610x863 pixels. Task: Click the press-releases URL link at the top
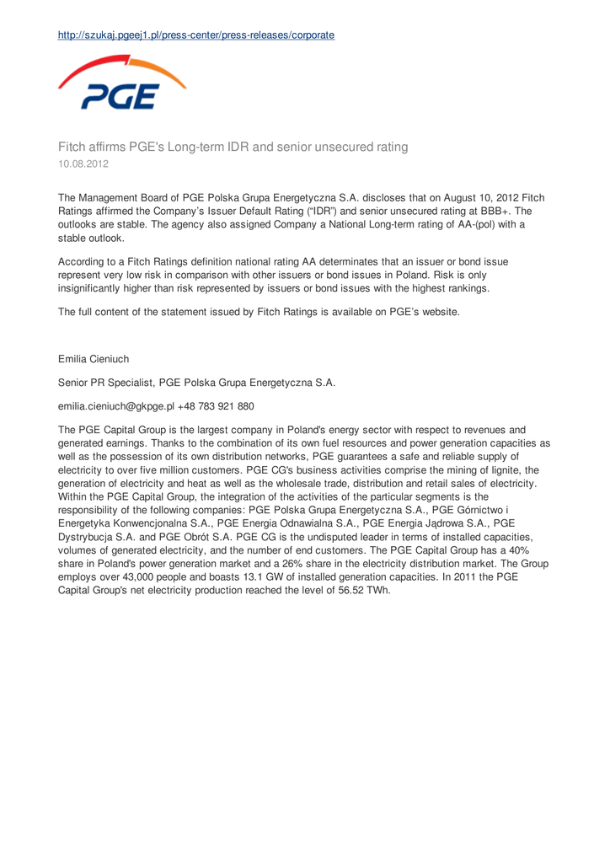coord(195,35)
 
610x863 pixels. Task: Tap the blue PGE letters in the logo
coord(119,97)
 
